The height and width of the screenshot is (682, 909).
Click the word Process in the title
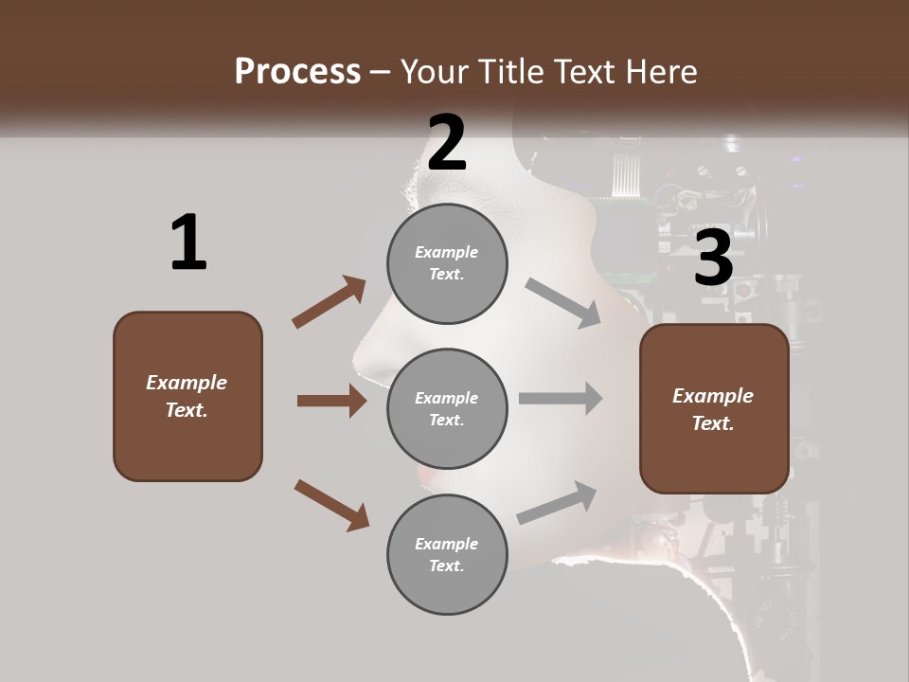(x=297, y=72)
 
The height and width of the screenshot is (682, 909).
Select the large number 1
(x=188, y=242)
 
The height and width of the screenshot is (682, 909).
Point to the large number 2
(x=446, y=143)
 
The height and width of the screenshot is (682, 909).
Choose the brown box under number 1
(x=187, y=396)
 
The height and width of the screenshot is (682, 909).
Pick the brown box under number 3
(x=714, y=408)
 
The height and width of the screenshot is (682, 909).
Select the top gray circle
(x=447, y=263)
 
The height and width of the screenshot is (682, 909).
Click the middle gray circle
(x=447, y=408)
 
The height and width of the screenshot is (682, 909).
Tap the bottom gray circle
(x=447, y=554)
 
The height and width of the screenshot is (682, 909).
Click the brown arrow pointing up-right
(x=330, y=302)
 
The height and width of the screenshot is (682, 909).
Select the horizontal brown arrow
(x=331, y=401)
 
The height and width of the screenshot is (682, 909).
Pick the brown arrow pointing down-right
(x=331, y=505)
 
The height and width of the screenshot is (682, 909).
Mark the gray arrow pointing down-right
(x=563, y=303)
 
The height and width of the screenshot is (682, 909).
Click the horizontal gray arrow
(x=561, y=399)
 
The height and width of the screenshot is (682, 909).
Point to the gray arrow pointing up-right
(x=557, y=503)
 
